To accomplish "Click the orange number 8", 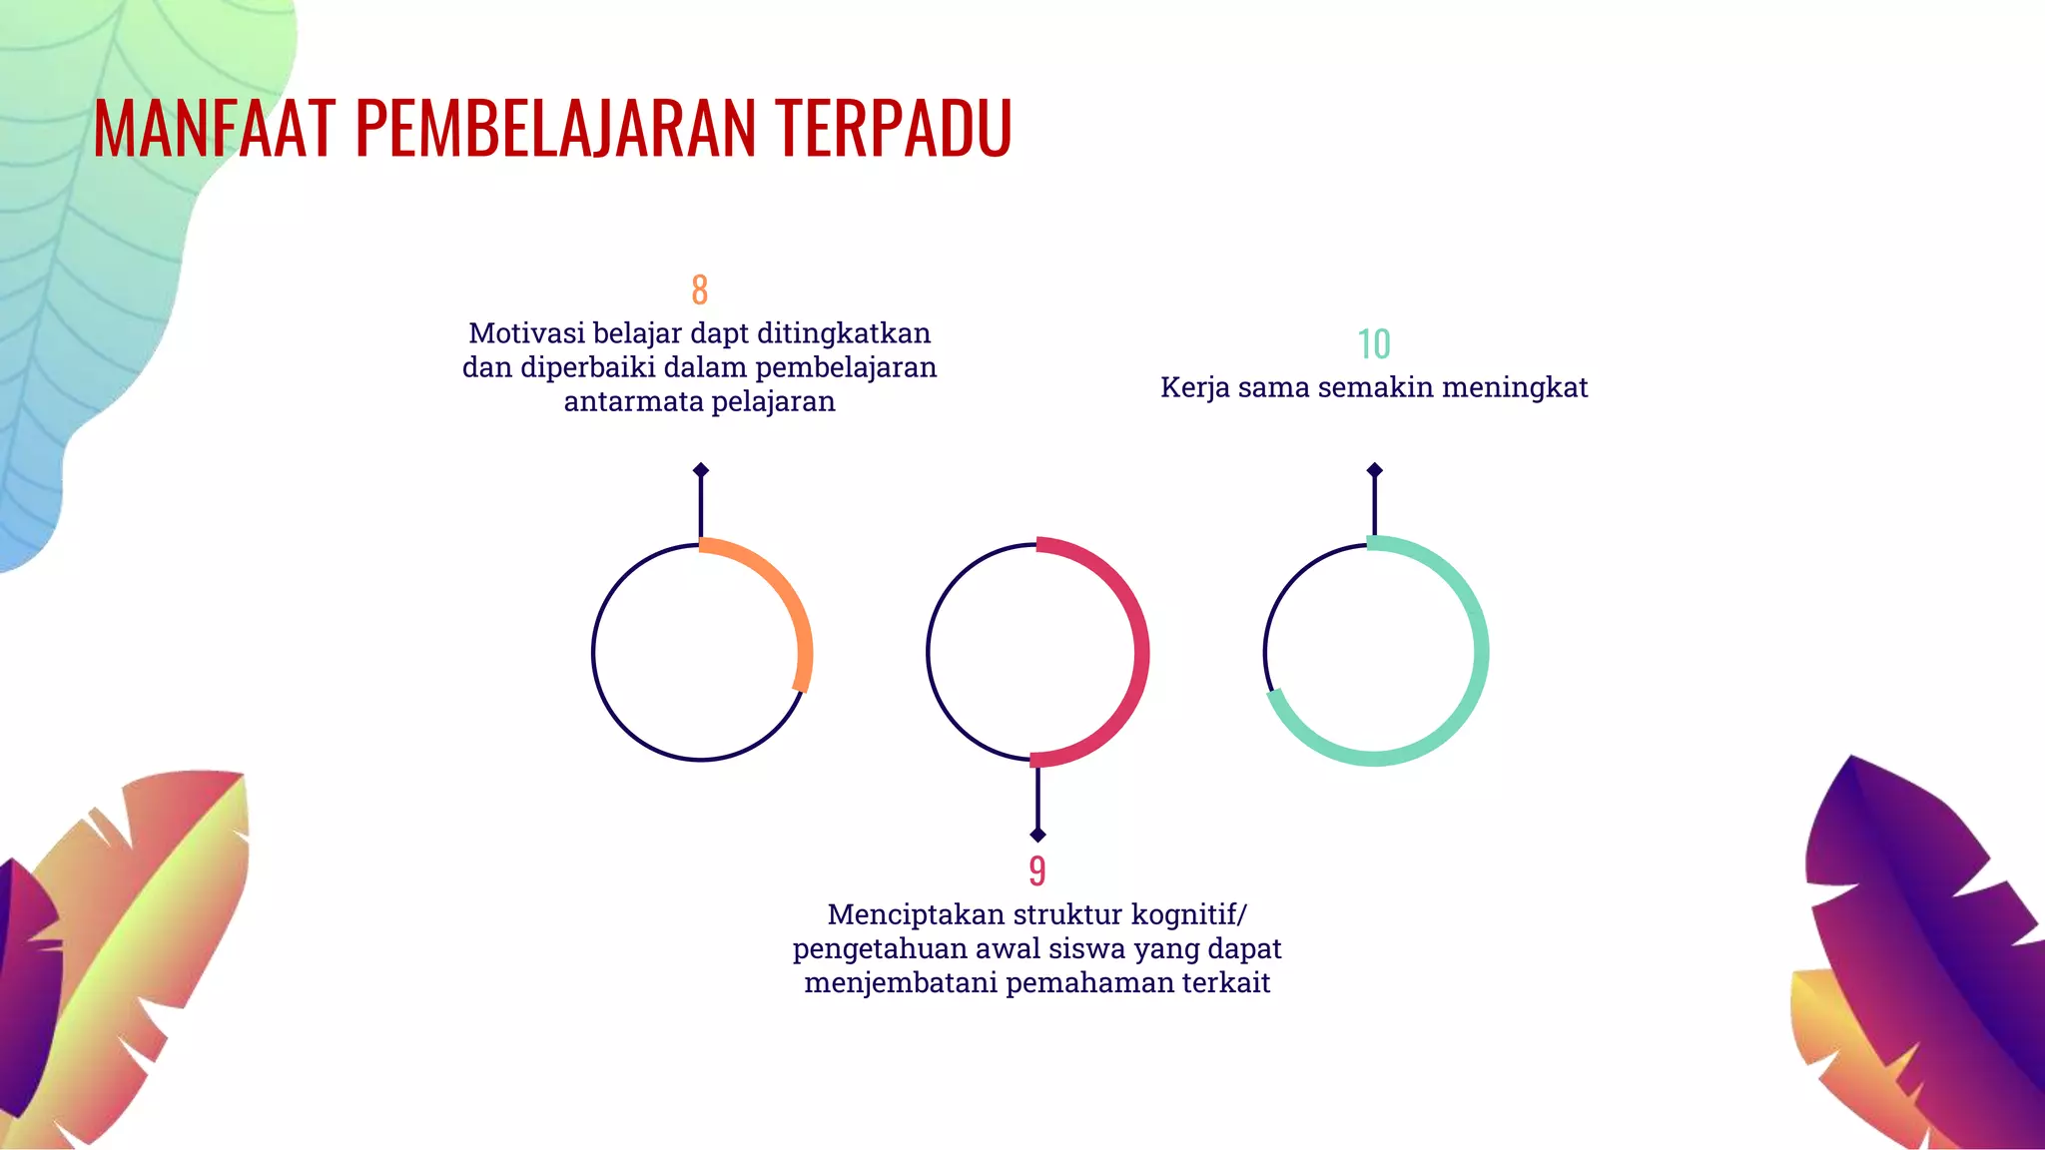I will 700,289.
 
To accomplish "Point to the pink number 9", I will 1037,870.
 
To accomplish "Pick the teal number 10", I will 1374,344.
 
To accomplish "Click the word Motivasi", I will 527,333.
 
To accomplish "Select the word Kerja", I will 1194,387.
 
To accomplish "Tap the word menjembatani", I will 901,982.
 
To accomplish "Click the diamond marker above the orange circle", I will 701,470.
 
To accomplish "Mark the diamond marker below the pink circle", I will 1037,835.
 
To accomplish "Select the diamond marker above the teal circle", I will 1375,470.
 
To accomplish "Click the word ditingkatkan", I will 844,333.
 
